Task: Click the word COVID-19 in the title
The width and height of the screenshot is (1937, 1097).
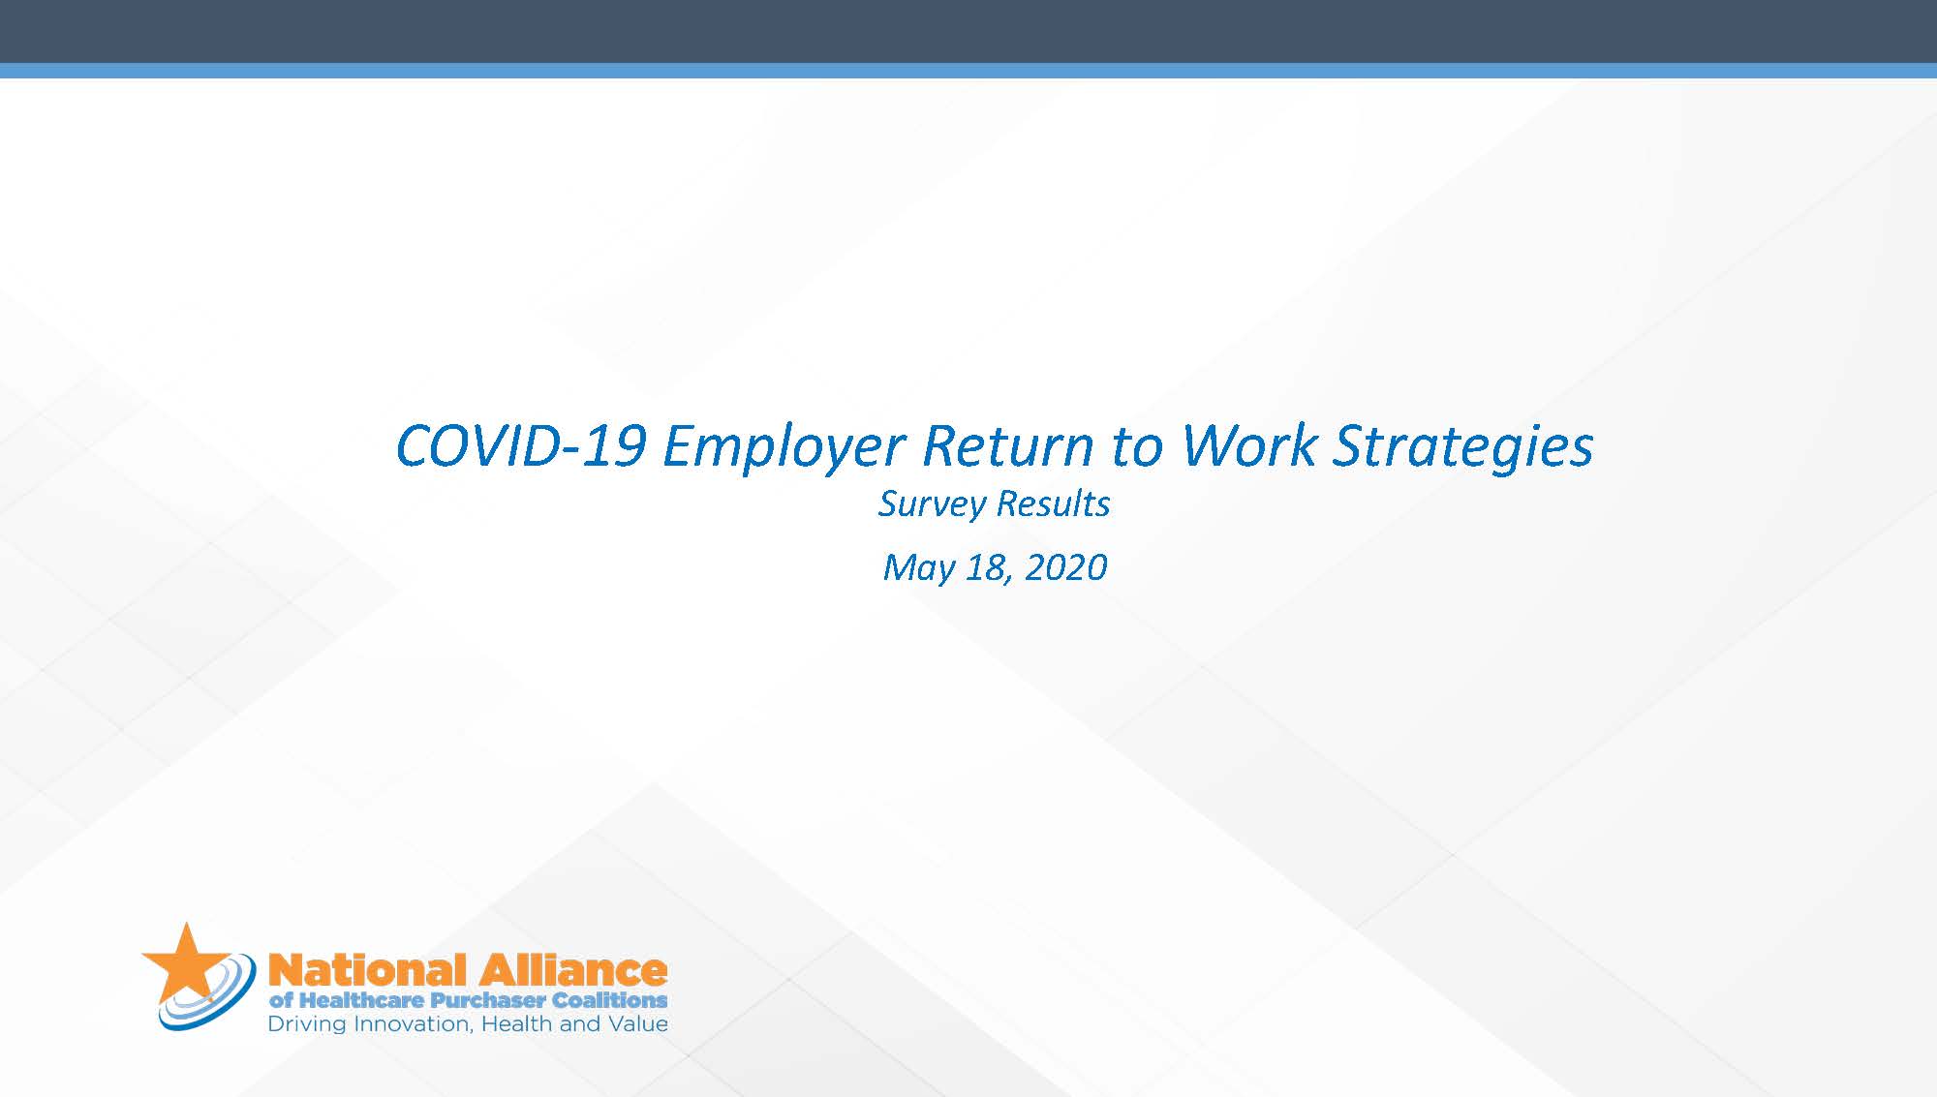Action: pyautogui.click(x=521, y=446)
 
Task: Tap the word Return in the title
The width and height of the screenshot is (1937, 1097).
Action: pyautogui.click(x=1008, y=446)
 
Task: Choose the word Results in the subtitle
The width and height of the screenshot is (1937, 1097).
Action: pyautogui.click(x=1053, y=503)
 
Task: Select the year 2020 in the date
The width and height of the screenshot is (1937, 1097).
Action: pyautogui.click(x=1065, y=567)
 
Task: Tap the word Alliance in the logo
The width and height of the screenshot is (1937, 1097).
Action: pyautogui.click(x=572, y=970)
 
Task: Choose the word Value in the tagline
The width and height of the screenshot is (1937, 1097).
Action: pyautogui.click(x=637, y=1024)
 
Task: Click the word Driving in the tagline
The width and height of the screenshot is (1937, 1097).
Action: pyautogui.click(x=307, y=1025)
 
